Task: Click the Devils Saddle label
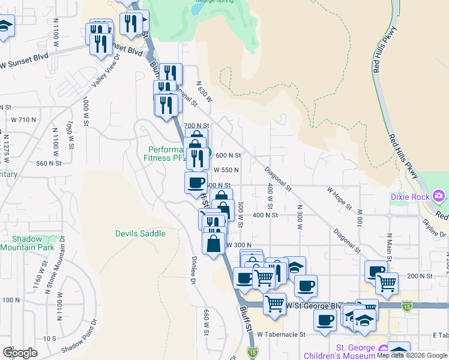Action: (x=140, y=233)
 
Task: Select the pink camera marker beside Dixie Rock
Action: (x=439, y=196)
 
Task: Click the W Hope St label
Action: (x=339, y=198)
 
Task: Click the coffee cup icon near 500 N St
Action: (x=196, y=182)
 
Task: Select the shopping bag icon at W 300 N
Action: (x=214, y=244)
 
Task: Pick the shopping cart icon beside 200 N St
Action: (x=387, y=281)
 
